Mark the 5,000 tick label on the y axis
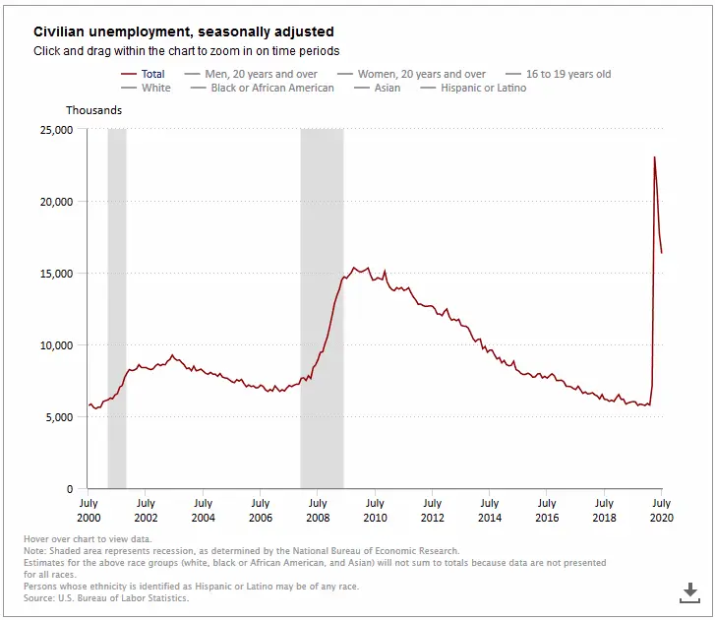click(x=57, y=417)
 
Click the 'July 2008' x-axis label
click(x=317, y=510)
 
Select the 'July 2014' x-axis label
click(x=490, y=510)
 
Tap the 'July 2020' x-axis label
click(x=662, y=510)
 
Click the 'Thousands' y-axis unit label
click(x=94, y=110)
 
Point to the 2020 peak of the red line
click(x=654, y=157)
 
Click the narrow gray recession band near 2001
click(x=117, y=295)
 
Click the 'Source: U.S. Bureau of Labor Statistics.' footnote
click(x=107, y=597)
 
